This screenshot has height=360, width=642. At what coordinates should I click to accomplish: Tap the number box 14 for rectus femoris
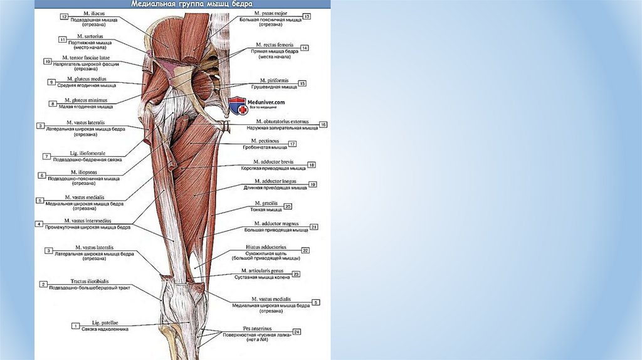tap(304, 48)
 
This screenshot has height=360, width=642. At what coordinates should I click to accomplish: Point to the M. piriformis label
tap(275, 81)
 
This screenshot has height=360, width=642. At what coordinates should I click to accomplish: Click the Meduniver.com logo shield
tap(237, 106)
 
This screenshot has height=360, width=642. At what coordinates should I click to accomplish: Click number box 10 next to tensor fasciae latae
tap(47, 61)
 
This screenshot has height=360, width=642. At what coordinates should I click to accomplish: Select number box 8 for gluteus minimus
tap(52, 103)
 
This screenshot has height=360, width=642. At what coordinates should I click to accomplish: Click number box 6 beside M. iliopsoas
tap(41, 176)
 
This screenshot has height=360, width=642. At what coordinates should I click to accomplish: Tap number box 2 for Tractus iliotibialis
tap(43, 284)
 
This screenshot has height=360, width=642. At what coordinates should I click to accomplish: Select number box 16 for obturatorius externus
tap(323, 125)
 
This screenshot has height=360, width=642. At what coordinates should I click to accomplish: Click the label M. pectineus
tap(265, 141)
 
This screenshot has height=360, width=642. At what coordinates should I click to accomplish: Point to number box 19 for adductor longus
tap(312, 184)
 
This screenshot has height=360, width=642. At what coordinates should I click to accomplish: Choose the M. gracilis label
tap(266, 203)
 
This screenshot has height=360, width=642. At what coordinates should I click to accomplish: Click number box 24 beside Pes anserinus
tap(297, 331)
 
